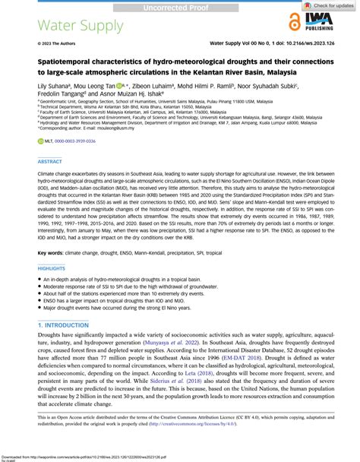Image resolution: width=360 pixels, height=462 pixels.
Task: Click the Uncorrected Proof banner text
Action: coord(179,5)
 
